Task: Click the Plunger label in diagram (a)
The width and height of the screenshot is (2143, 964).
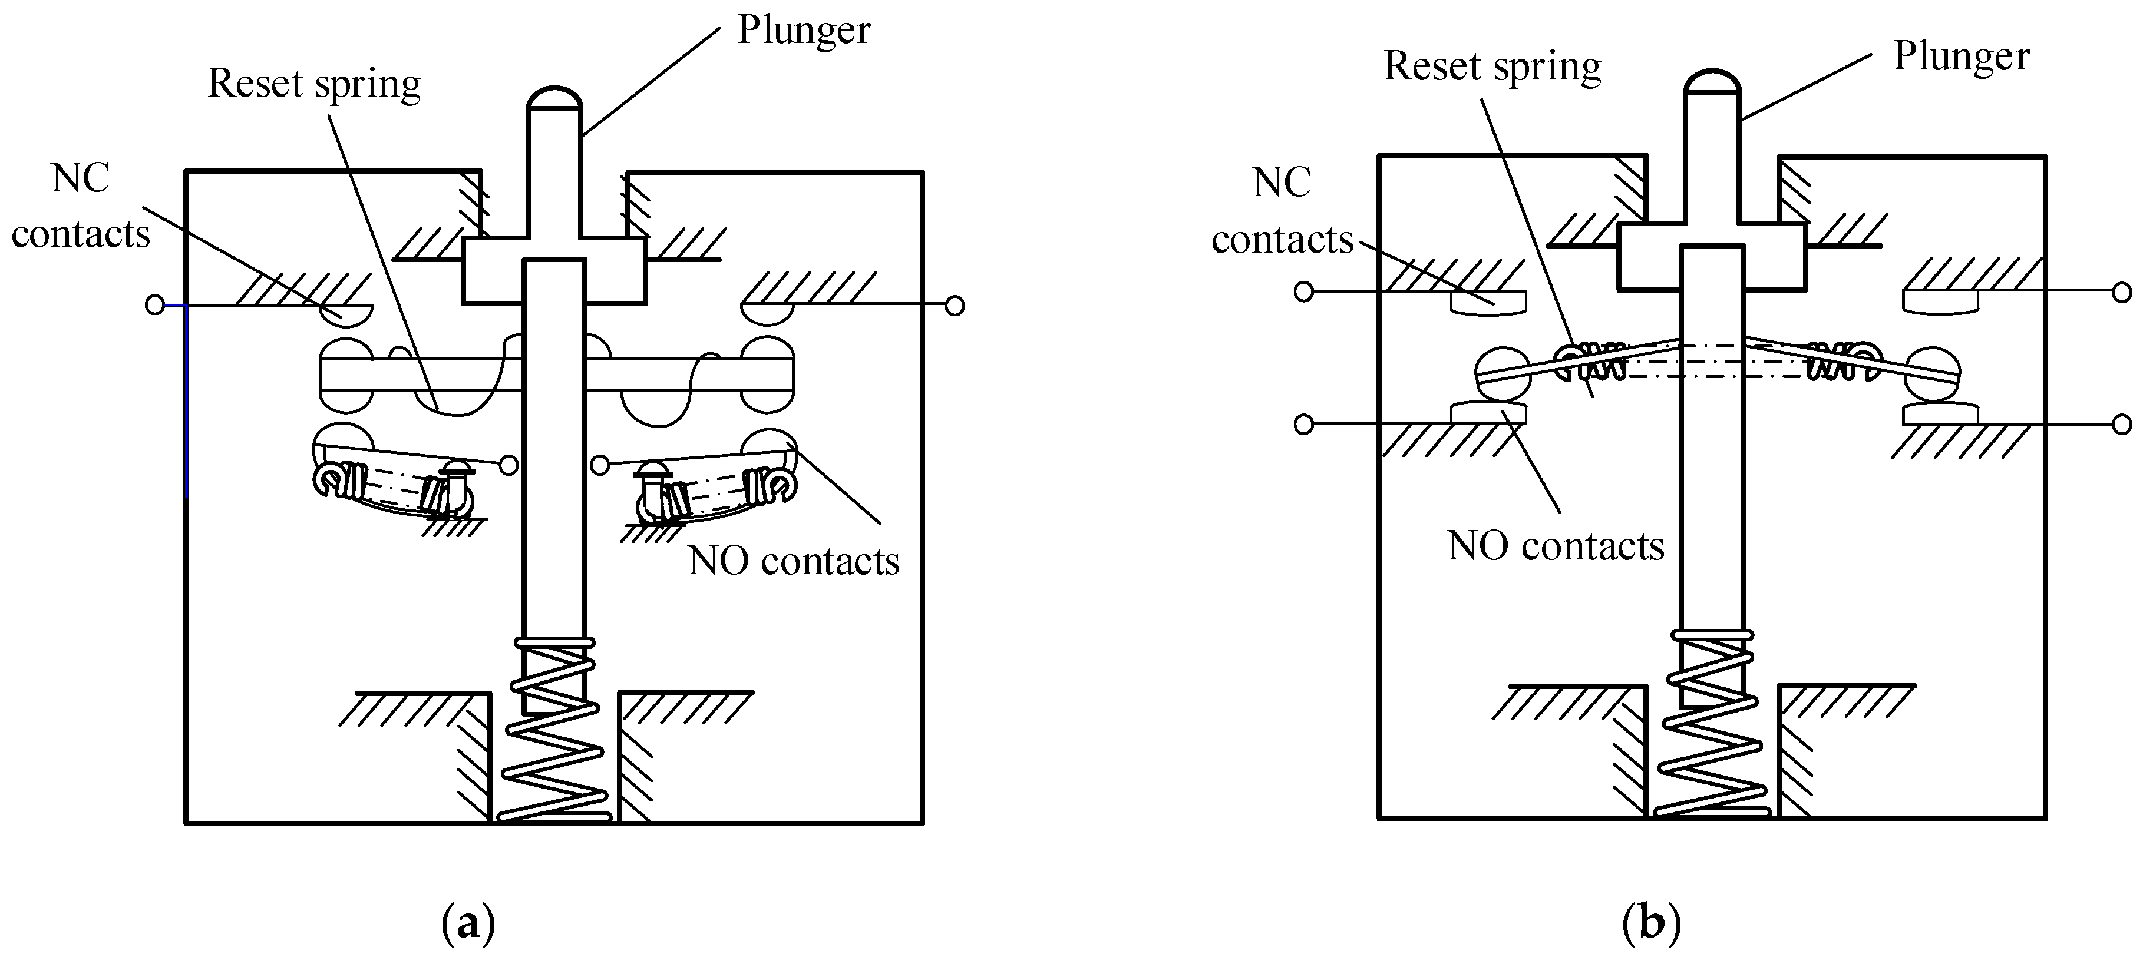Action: [x=804, y=31]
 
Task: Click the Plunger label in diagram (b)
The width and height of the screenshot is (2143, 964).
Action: [x=1962, y=57]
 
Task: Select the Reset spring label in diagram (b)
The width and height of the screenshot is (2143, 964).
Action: [x=1491, y=67]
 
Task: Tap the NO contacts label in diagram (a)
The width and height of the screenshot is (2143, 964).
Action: [x=794, y=561]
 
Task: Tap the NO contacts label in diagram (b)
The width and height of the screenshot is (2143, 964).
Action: [x=1556, y=546]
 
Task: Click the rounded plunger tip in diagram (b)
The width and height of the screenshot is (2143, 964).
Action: [x=1712, y=81]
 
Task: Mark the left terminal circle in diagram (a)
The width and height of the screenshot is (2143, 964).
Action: [x=155, y=305]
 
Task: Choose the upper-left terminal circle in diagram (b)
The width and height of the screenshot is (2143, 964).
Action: [x=1303, y=292]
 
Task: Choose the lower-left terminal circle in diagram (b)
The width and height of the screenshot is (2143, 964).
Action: [x=1303, y=424]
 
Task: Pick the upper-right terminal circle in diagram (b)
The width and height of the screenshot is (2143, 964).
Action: [x=2122, y=292]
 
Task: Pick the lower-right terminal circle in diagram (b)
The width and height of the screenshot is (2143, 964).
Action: [x=2122, y=424]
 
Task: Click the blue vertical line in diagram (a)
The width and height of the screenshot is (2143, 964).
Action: [x=186, y=401]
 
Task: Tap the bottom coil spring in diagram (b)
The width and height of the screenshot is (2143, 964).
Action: [x=1712, y=724]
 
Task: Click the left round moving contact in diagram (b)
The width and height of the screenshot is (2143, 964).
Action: [x=1503, y=373]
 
